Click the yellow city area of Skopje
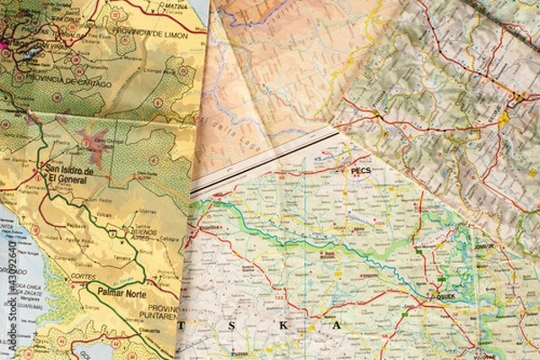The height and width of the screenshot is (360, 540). click(x=503, y=117)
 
